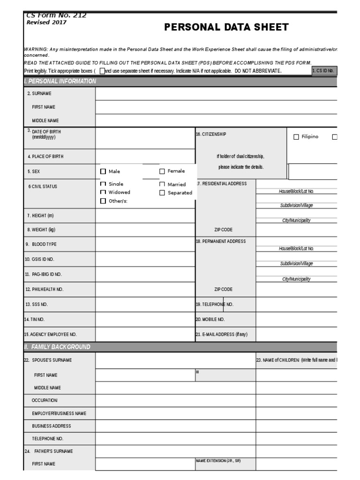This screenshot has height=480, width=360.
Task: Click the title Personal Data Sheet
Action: [226, 27]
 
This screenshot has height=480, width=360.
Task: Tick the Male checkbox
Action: [103, 172]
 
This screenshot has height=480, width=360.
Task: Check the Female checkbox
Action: [162, 172]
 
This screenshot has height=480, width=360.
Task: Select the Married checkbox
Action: [162, 185]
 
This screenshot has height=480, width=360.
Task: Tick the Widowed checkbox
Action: [103, 193]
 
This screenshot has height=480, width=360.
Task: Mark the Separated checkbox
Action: [162, 193]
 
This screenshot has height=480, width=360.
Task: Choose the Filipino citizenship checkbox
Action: [296, 137]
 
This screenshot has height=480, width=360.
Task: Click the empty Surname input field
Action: [216, 94]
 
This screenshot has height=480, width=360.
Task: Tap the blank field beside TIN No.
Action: [145, 319]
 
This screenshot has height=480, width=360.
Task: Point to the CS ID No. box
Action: [324, 71]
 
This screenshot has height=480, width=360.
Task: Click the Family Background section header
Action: [57, 347]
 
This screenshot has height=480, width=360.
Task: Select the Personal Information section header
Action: [60, 81]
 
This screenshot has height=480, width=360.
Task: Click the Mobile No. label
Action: [210, 319]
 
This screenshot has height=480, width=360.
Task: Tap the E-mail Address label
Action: [221, 334]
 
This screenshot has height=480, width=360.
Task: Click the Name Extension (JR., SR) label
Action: [218, 461]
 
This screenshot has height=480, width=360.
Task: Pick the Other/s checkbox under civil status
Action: [103, 201]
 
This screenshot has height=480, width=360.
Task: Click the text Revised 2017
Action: [46, 22]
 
